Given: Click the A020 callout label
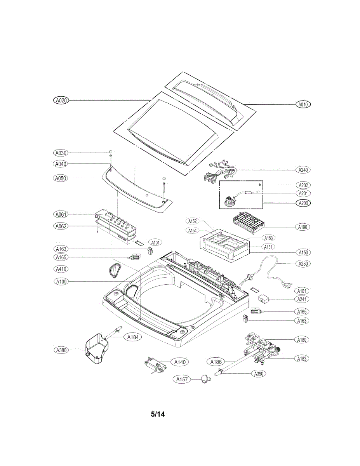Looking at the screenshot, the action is [61, 100].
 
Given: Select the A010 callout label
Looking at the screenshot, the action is [303, 104].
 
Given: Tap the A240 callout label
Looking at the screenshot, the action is [303, 170].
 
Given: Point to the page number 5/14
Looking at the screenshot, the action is [158, 414].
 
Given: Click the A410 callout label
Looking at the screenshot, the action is [61, 269].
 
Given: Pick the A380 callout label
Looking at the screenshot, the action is [61, 350].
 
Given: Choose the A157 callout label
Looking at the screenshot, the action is [182, 379].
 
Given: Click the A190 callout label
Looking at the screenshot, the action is [303, 226].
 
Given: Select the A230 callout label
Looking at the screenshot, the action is [303, 263].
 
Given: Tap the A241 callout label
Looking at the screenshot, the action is [303, 299].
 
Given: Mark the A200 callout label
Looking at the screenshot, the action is [303, 203].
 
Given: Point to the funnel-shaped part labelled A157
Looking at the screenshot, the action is [205, 379].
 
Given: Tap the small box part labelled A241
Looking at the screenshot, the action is [265, 299].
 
